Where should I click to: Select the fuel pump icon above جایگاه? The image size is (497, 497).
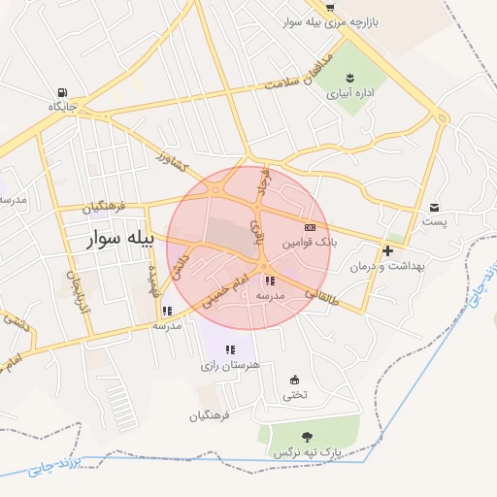click(63, 83)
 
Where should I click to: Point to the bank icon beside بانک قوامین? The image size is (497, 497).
click(310, 226)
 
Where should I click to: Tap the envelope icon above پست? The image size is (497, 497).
click(433, 207)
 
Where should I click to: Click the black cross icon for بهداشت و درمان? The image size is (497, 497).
click(387, 250)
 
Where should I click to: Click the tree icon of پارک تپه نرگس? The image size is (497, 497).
click(308, 437)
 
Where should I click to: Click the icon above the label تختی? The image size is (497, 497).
click(294, 380)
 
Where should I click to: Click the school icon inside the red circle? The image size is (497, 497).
click(269, 281)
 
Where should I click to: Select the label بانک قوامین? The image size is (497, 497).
click(310, 242)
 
